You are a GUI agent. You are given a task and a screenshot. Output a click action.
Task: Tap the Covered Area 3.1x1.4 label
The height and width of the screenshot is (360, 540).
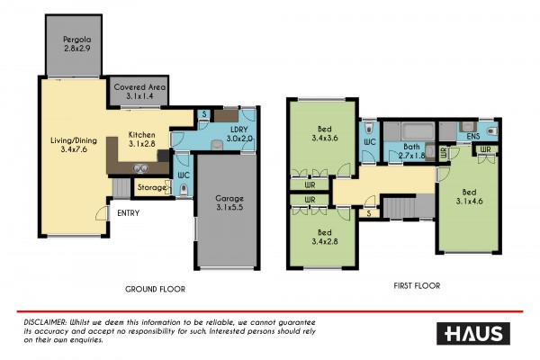click(x=139, y=92)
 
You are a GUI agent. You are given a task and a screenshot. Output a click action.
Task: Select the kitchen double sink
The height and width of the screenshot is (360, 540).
click(x=141, y=168)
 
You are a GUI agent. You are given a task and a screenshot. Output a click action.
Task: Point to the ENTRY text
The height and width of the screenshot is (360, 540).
click(x=128, y=213)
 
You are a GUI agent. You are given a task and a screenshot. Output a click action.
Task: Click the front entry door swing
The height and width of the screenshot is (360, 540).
click(x=102, y=213)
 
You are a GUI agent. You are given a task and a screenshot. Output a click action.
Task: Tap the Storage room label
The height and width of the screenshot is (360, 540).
click(x=152, y=188)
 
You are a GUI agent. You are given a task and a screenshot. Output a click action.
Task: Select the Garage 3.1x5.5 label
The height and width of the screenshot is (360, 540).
click(x=229, y=202)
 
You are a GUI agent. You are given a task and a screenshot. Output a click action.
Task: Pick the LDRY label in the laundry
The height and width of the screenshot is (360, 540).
click(x=239, y=130)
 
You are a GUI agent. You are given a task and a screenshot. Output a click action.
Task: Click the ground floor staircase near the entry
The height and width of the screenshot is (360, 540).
click(x=121, y=188)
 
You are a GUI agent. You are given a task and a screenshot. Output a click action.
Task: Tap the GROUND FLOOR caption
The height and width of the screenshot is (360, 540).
click(x=155, y=290)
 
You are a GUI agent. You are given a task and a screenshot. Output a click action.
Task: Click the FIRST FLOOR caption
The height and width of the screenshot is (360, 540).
click(x=417, y=286)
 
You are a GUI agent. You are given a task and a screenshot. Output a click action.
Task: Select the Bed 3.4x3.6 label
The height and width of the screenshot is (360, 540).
click(x=325, y=134)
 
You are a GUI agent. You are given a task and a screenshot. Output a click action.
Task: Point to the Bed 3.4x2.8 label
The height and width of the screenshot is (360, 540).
click(x=325, y=237)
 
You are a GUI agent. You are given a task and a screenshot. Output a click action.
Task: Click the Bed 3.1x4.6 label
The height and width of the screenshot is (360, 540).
click(x=470, y=197)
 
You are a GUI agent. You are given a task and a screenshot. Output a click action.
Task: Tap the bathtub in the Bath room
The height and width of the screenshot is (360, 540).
click(x=418, y=131)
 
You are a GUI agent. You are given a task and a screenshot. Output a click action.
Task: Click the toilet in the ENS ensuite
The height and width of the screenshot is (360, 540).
click(x=492, y=130)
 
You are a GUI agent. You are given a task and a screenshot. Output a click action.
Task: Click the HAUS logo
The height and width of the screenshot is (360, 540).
click(x=473, y=334)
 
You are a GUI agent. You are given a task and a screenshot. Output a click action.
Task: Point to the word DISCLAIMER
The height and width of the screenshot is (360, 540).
click(x=45, y=323)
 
